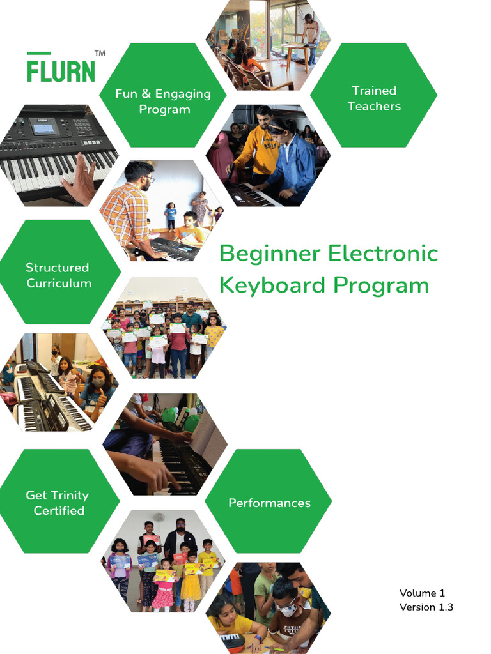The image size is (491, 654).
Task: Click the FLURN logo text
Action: (61, 69)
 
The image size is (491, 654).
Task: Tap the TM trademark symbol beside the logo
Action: (100, 54)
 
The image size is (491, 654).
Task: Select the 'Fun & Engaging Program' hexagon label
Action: (162, 102)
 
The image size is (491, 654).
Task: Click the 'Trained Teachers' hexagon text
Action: (374, 98)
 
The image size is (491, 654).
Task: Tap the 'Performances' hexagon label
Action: (269, 503)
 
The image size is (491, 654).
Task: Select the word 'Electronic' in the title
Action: (383, 254)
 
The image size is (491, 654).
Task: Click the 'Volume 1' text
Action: (421, 593)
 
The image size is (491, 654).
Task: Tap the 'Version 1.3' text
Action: (426, 607)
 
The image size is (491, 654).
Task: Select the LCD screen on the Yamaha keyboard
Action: (43, 129)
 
